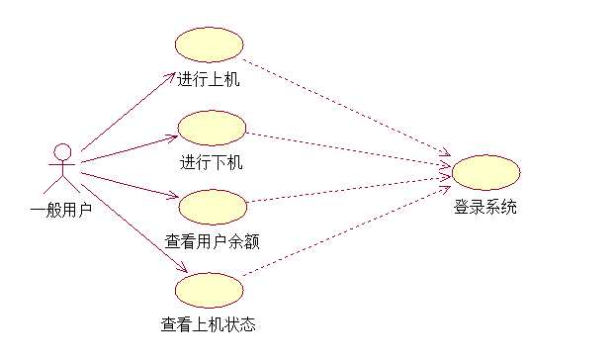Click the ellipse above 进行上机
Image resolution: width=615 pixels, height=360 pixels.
[209, 45]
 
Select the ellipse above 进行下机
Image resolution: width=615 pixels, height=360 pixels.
[212, 128]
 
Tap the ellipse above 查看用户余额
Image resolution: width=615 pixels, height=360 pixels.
[212, 207]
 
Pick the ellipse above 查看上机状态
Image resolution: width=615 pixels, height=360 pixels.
[209, 290]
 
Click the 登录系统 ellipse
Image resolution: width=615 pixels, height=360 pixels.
[485, 172]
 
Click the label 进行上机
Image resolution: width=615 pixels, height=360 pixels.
[209, 80]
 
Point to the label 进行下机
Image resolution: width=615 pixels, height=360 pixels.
[211, 162]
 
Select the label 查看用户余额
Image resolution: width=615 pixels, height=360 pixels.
[212, 240]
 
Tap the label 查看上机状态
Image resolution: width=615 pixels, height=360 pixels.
[209, 323]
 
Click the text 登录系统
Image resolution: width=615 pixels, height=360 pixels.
[485, 208]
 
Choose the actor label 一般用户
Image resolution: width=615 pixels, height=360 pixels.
[61, 209]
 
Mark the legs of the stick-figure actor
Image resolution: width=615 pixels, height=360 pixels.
[61, 185]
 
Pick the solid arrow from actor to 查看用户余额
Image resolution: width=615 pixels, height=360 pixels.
[129, 184]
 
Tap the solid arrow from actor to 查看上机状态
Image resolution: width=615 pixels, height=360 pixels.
[133, 222]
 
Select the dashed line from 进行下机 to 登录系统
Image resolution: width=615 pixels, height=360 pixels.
[346, 145]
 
